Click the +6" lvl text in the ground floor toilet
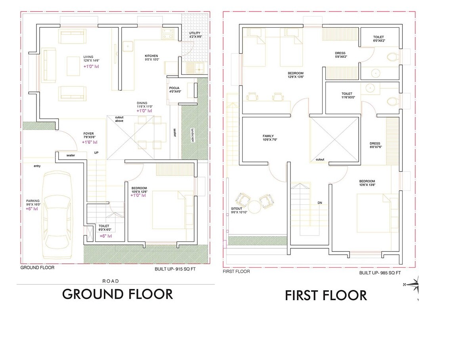coord(105,236)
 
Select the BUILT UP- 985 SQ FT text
coord(380,273)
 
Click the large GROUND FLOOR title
coord(118,294)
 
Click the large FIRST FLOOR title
coord(326,295)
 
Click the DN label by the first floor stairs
coord(319,203)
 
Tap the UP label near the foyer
coord(96,152)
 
